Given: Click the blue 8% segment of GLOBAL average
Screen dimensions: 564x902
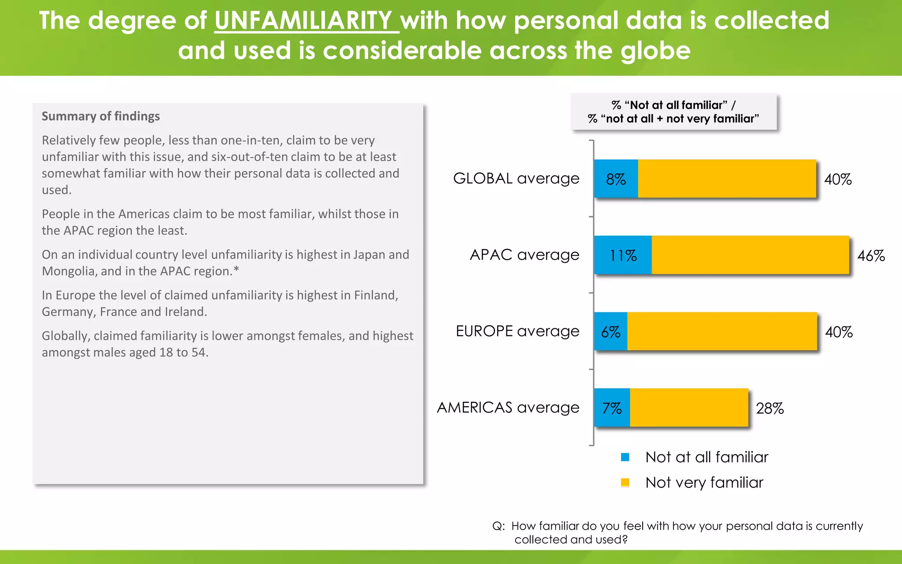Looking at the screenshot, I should tap(616, 179).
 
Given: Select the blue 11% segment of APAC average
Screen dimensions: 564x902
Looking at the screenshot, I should tap(623, 255).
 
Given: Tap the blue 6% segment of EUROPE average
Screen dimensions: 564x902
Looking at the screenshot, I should tap(610, 332).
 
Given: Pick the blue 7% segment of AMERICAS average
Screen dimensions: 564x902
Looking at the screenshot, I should tap(612, 408).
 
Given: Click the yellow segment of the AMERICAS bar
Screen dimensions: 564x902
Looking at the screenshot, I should tap(689, 408).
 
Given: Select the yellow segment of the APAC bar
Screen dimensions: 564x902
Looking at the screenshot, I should tap(750, 255).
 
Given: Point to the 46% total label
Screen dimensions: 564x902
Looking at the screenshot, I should tap(871, 256).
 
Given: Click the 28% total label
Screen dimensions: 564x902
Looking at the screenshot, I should tap(769, 408).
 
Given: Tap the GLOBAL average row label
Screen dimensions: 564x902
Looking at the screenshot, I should tap(516, 178).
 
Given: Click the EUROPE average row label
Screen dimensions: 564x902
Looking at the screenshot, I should tap(517, 331).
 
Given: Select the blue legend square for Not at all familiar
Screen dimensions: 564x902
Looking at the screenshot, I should tap(625, 457).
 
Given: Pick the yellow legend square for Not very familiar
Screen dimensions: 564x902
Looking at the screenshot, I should tap(625, 482).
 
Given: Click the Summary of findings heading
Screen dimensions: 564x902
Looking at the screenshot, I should tap(100, 116).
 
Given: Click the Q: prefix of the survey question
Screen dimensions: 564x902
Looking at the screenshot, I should tap(498, 526).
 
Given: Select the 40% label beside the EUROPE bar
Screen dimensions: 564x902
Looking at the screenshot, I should tap(839, 332).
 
